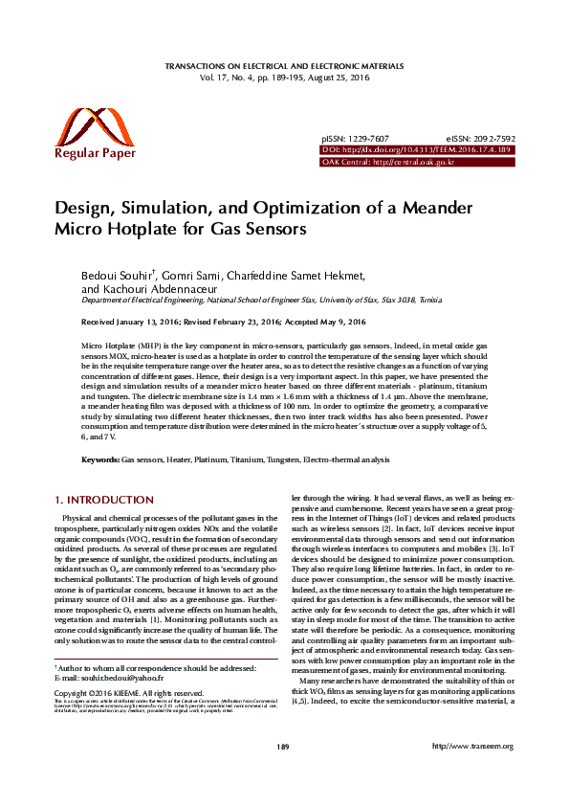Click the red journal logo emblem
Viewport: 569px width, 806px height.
[84, 126]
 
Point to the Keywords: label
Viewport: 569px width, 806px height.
[100, 460]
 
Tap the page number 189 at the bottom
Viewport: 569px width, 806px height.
[282, 773]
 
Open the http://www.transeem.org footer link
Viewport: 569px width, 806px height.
[473, 773]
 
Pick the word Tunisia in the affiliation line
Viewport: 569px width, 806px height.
[426, 300]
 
